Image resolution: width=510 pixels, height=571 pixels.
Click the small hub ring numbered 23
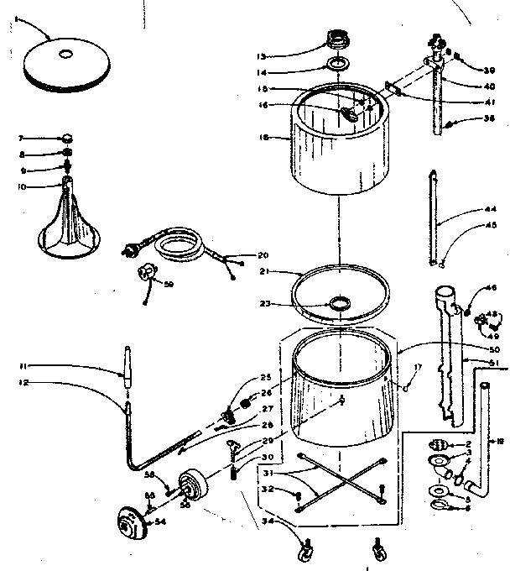(x=341, y=302)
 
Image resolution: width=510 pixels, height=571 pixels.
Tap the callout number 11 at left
(x=25, y=364)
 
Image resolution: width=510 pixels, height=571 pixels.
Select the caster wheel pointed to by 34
(x=304, y=552)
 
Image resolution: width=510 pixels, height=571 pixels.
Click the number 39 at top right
(x=490, y=71)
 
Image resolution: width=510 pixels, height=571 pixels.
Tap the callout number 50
(x=493, y=348)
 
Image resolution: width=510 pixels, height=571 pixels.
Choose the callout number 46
(x=492, y=288)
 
